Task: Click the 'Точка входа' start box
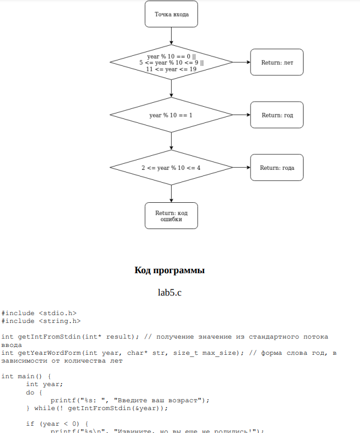click(171, 15)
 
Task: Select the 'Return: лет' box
click(277, 63)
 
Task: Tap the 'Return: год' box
click(277, 115)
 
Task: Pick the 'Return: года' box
click(277, 168)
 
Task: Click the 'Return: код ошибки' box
click(171, 216)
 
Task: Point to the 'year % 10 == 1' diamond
click(171, 115)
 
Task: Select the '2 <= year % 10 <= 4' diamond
click(171, 168)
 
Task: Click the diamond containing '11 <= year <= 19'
click(171, 63)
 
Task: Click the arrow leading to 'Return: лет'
click(241, 63)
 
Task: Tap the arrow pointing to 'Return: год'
click(241, 115)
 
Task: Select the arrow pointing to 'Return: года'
click(241, 168)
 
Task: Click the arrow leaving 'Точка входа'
click(171, 36)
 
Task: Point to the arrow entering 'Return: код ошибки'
click(171, 193)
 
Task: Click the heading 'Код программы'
click(169, 271)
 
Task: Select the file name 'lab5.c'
click(170, 292)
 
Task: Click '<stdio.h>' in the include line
click(58, 313)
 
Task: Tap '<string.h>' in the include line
click(60, 321)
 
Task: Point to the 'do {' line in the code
click(34, 392)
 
